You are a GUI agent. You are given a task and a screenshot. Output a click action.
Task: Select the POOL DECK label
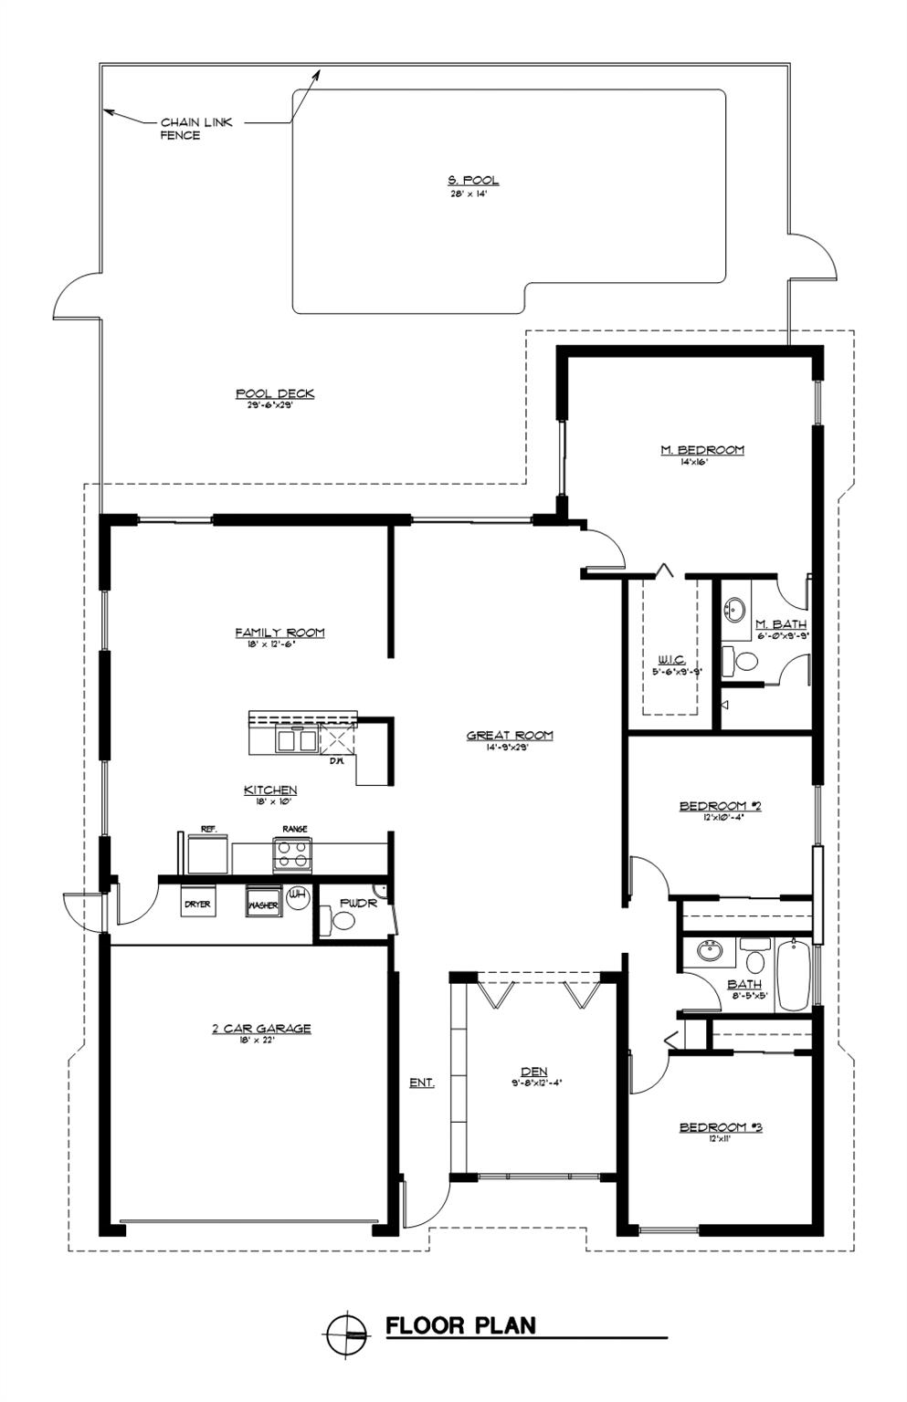point(275,394)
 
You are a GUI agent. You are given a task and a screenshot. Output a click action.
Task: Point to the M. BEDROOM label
point(701,450)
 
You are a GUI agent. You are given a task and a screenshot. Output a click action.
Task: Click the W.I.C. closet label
point(670,661)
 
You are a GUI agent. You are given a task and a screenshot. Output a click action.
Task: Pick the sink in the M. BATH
point(734,609)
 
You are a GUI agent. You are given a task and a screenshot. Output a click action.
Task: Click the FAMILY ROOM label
point(279,633)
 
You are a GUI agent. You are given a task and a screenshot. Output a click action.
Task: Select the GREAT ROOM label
point(510,736)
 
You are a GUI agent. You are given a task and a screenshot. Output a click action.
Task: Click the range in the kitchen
point(293,854)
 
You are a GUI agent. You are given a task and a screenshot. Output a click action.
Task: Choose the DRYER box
point(197,904)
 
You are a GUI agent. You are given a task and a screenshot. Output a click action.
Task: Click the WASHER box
point(263,904)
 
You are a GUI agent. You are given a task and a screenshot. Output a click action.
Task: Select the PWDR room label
point(358,903)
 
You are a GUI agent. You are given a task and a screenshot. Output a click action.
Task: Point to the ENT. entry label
point(421,1083)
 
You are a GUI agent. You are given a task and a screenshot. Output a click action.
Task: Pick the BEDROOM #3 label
point(720,1127)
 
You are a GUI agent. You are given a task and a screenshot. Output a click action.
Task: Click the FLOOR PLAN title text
point(460,1325)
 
